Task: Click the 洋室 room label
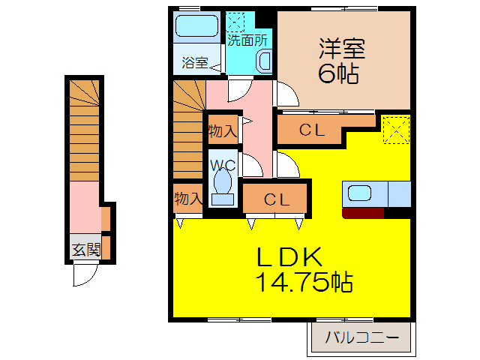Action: pos(341,48)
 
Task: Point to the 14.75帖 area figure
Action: pos(304,283)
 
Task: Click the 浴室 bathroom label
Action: pos(194,63)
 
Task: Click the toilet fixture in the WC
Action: pos(222,184)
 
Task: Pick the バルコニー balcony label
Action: pos(362,338)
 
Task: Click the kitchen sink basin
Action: pos(360,193)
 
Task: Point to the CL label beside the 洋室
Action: pos(311,130)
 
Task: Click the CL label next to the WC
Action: pos(276,199)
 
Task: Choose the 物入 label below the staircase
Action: pos(187,199)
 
